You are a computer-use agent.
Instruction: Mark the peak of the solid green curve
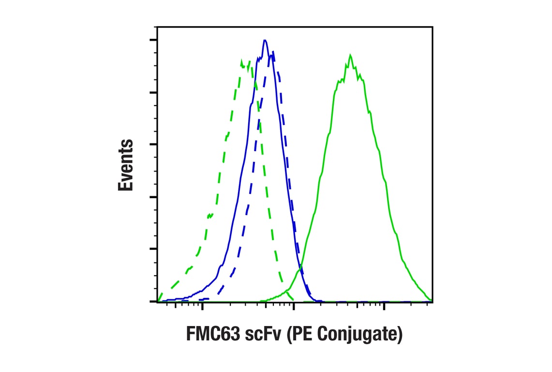(x=349, y=55)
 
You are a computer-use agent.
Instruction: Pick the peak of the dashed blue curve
(x=273, y=51)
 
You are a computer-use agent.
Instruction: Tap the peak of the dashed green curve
(x=242, y=60)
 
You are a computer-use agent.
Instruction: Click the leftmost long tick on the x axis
(x=202, y=306)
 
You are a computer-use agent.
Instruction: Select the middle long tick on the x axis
(x=293, y=306)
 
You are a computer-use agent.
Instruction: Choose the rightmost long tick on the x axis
(x=384, y=306)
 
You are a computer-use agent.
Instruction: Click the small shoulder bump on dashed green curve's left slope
(x=209, y=215)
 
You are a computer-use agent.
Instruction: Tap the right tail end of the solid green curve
(x=430, y=300)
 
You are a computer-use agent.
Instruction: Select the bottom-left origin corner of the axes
(x=157, y=301)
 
